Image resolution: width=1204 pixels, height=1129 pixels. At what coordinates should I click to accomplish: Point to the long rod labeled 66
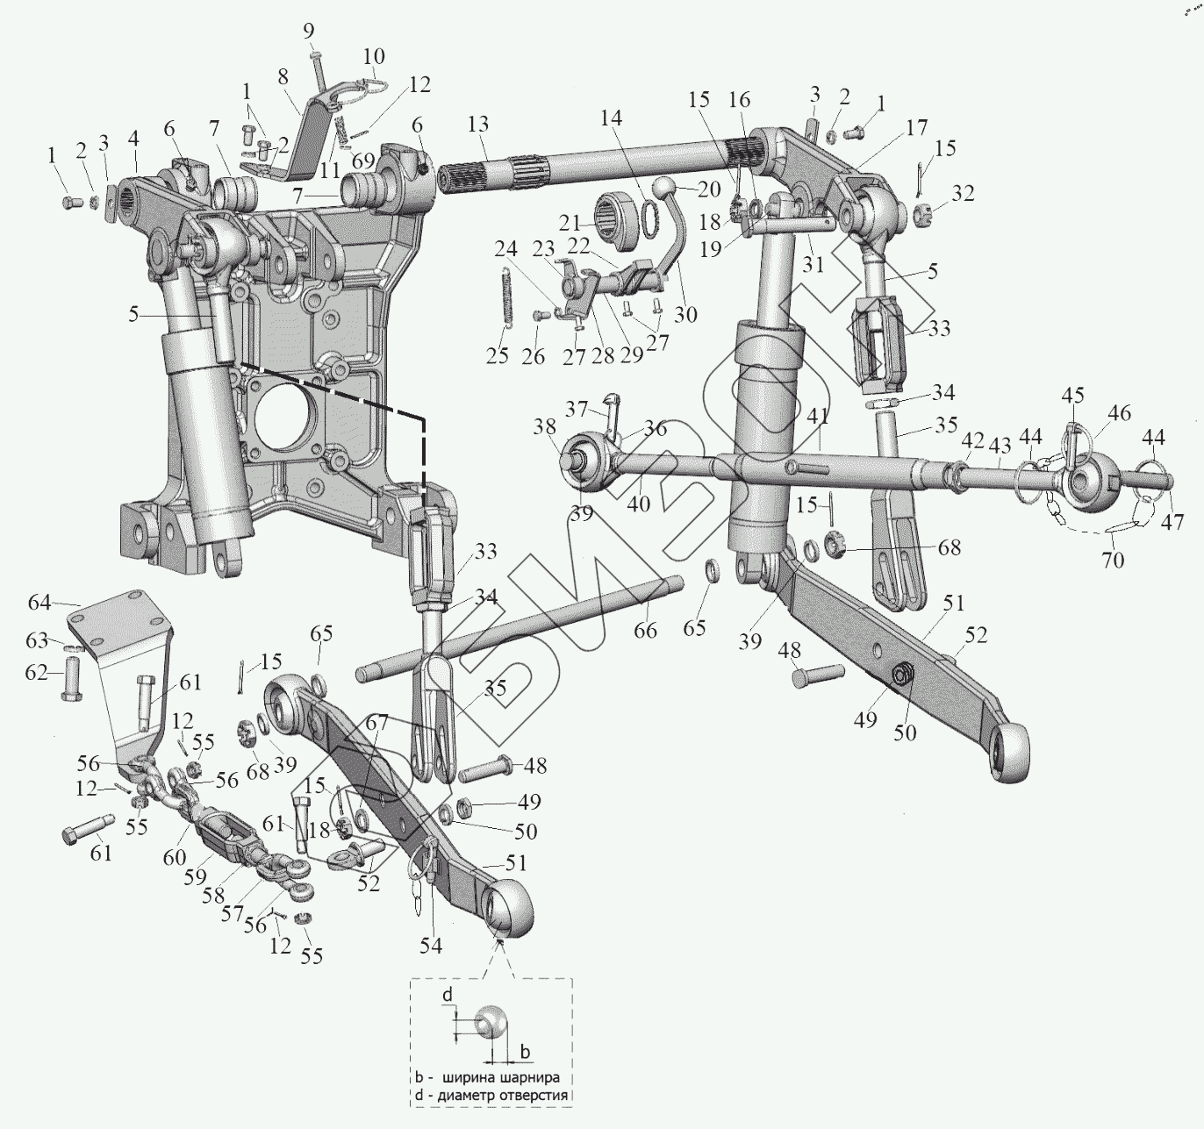pos(527,626)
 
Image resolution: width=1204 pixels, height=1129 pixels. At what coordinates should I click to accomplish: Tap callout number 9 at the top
pos(309,32)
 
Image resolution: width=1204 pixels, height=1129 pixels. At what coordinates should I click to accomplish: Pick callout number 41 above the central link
pos(818,416)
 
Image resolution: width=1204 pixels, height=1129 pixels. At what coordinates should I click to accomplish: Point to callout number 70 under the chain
pos(1113,558)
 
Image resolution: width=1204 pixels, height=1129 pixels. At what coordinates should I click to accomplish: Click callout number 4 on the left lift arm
pos(134,139)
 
